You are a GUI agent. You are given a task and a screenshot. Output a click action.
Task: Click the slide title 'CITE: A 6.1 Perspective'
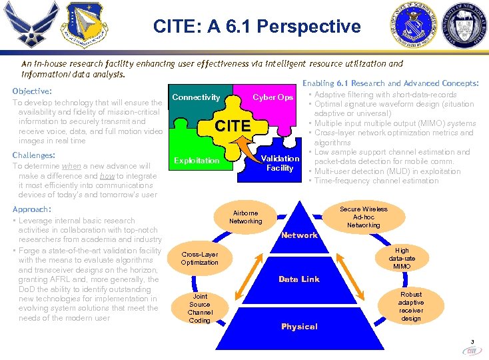(256, 27)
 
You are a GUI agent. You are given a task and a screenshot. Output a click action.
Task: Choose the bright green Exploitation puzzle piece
(196, 161)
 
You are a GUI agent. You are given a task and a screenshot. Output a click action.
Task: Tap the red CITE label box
(233, 125)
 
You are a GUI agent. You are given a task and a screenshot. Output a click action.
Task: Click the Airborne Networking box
(246, 217)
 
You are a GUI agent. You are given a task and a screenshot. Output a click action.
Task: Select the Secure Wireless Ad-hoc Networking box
(363, 217)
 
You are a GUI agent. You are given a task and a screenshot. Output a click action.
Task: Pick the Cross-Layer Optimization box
(200, 258)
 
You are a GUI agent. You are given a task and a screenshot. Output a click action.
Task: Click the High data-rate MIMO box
(402, 259)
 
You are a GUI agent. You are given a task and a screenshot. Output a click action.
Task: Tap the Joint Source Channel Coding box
(200, 309)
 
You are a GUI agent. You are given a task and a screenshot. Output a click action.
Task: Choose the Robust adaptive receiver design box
(411, 306)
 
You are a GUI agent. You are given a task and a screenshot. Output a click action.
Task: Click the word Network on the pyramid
(299, 235)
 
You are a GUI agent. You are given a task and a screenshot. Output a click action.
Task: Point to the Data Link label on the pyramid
(299, 279)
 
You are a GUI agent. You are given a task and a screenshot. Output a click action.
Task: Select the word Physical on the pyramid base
(299, 326)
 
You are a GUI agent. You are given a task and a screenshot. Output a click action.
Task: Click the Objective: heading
(33, 91)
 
